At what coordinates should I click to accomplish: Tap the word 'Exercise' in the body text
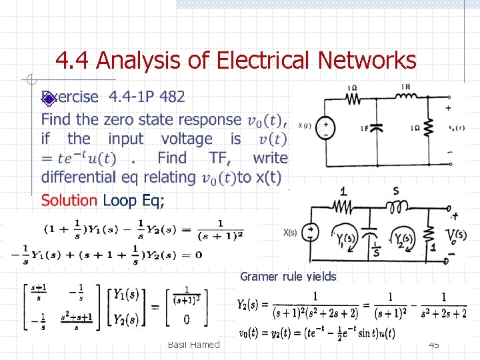coord(70,97)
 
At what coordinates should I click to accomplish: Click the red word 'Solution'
coord(69,200)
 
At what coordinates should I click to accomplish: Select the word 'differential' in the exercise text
coord(79,177)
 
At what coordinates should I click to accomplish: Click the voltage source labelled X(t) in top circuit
coord(326,126)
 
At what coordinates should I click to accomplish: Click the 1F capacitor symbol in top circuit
coord(375,127)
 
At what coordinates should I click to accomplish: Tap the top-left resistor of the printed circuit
coord(352,98)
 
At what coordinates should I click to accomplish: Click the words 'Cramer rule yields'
coord(288,277)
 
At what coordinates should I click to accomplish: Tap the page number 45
coord(433,345)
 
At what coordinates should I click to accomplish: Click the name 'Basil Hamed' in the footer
coord(193,345)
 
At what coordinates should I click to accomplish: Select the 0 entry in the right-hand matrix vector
coord(186,319)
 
